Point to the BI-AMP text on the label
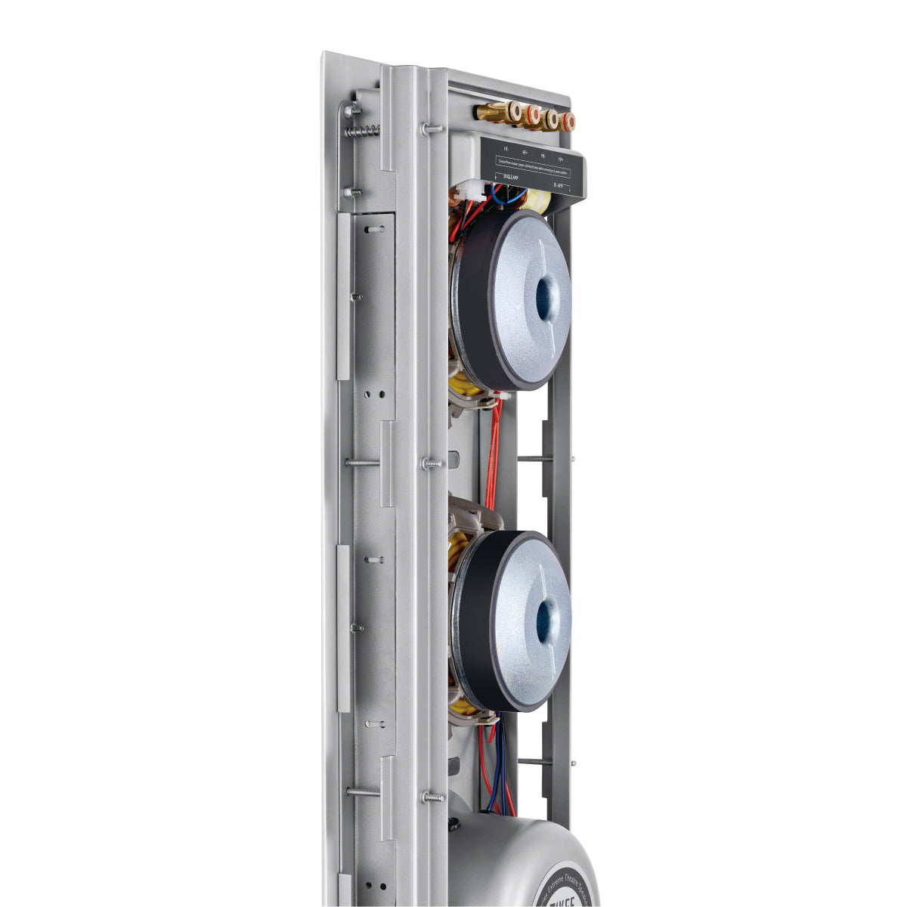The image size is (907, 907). (x=559, y=184)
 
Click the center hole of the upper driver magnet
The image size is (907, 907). (x=544, y=290)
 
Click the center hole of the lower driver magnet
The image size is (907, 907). (x=545, y=619)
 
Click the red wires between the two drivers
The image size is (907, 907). (x=493, y=453)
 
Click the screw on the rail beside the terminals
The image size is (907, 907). (x=432, y=128)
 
